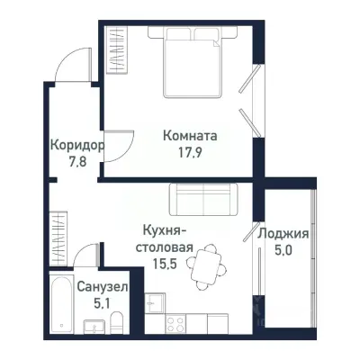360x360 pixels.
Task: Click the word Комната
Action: point(191,137)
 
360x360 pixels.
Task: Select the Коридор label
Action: point(76,144)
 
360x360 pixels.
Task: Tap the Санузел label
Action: point(103,287)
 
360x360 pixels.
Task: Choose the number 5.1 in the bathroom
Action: point(103,302)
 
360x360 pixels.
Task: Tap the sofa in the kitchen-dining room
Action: point(202,198)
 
